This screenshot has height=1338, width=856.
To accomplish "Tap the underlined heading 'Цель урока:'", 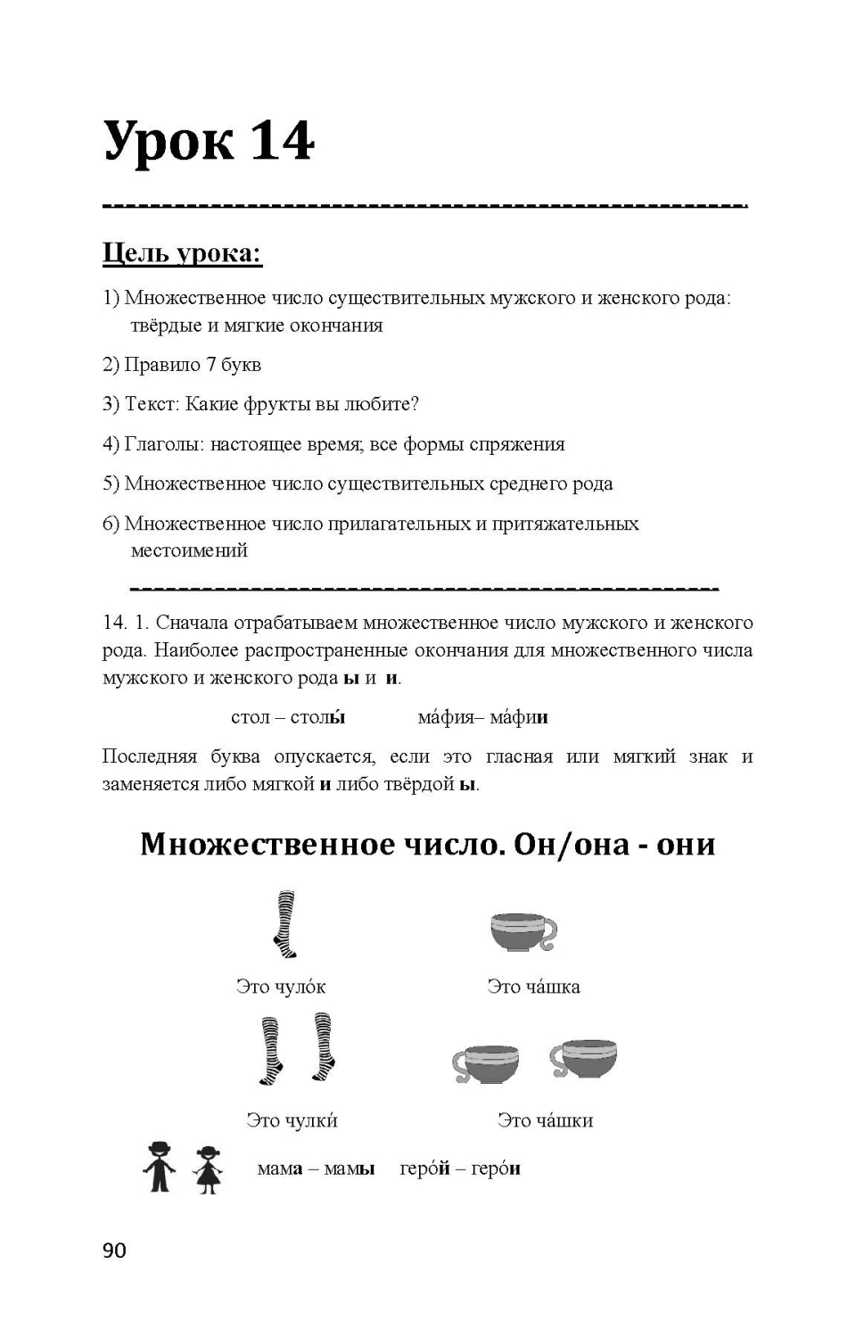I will pos(182,253).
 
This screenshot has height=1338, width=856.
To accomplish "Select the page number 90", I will pos(114,1251).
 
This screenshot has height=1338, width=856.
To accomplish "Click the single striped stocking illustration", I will pos(285,924).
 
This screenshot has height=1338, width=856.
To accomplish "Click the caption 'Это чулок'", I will pos(281,987).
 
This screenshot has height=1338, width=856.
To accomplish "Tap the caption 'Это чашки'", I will pos(545,1120).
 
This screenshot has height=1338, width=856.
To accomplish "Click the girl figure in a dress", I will pos(208,1169).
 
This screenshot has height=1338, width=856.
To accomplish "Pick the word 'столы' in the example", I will pos(317,717).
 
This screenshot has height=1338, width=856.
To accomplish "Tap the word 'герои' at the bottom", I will pos(496,1169).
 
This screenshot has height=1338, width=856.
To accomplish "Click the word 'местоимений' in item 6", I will pos(189,550).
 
